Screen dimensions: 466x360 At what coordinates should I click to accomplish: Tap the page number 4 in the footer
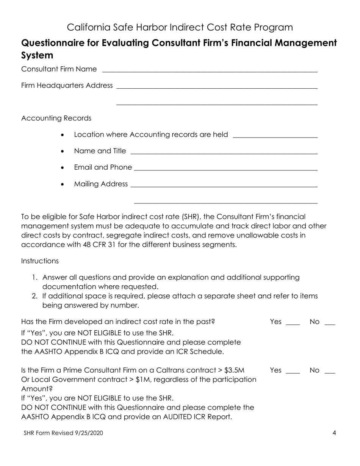pos(334,433)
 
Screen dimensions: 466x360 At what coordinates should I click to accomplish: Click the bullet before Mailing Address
pos(63,185)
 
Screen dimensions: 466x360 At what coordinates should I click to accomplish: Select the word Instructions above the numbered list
pos(40,261)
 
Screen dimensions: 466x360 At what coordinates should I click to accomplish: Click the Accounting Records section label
pos(56,118)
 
